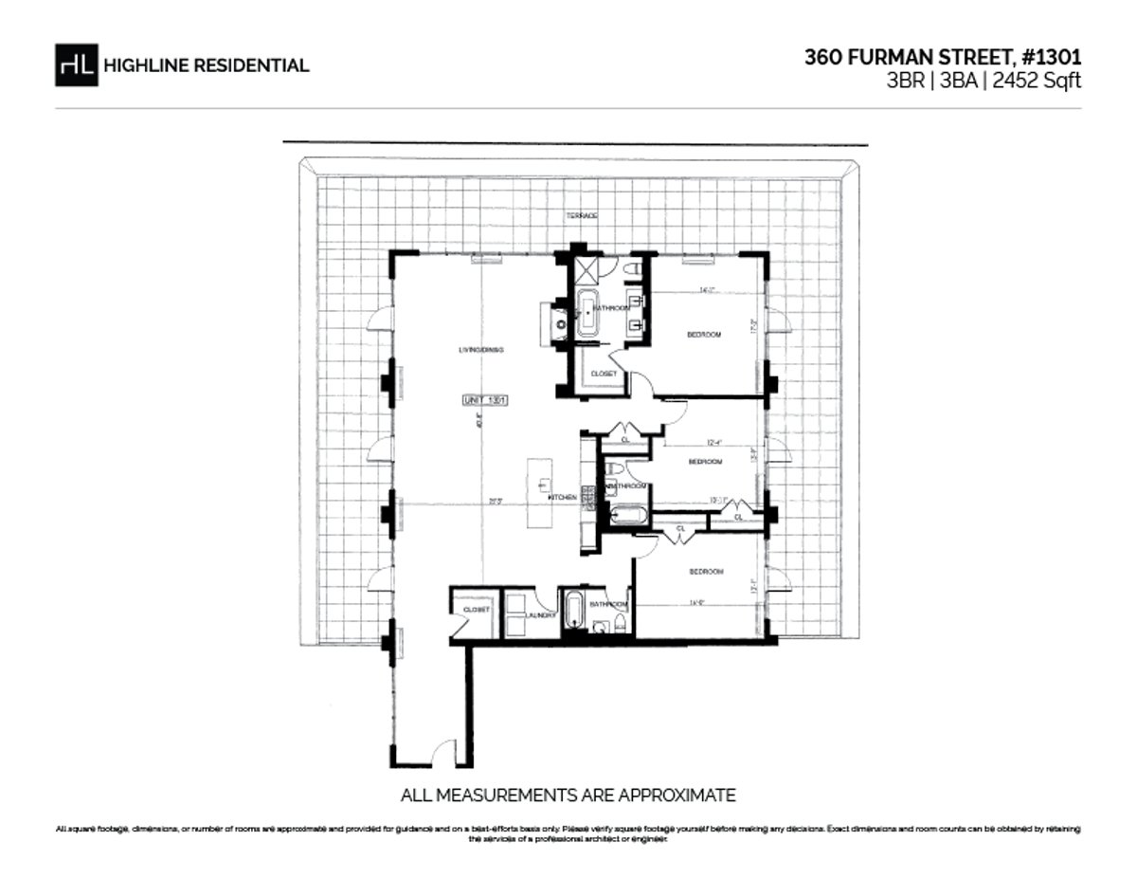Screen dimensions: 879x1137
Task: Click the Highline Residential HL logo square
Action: coord(77,64)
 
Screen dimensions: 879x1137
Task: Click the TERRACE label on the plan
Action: coord(582,216)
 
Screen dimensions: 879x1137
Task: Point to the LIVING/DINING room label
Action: coord(480,350)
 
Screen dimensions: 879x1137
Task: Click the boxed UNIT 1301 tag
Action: coord(486,400)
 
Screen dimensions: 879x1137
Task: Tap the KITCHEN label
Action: coord(562,497)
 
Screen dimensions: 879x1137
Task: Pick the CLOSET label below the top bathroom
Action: coord(604,374)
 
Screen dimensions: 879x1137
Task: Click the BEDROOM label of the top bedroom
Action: coord(704,335)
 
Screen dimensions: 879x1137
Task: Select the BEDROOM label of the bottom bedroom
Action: coord(706,571)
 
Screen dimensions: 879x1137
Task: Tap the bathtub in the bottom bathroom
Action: coord(573,612)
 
